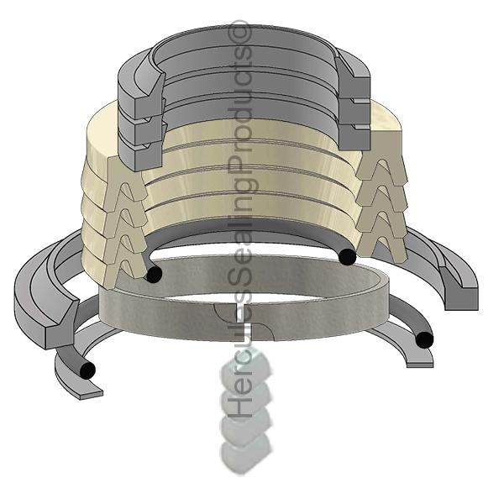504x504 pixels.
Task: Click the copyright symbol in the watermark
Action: click(243, 32)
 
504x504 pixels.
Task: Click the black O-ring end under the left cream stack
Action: click(153, 274)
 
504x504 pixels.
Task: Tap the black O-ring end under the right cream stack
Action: click(347, 256)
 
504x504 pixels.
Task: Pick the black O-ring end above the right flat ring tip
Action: click(424, 339)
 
